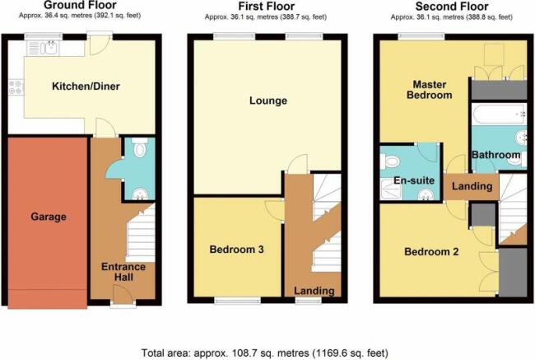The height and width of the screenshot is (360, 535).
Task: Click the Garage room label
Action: tap(49, 217)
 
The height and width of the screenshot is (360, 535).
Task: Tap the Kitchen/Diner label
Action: tap(86, 86)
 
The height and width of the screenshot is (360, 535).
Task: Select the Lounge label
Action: tap(268, 101)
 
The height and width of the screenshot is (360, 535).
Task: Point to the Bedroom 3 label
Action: tap(236, 250)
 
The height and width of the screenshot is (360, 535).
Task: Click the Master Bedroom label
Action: tap(430, 90)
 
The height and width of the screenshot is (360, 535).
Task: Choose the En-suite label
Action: tap(414, 180)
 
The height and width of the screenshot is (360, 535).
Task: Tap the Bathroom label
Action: tap(495, 155)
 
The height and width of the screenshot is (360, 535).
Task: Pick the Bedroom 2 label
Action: tap(431, 252)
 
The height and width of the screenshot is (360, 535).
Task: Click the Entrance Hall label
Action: tap(123, 272)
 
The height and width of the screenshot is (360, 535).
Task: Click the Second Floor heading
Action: tap(452, 6)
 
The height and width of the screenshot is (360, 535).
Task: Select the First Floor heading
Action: tap(267, 6)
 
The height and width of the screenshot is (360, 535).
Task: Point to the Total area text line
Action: tap(264, 353)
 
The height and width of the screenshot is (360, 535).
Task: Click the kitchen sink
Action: tap(50, 48)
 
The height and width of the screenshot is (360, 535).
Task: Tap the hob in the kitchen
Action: tap(16, 86)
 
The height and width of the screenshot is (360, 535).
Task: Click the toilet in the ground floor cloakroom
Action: tap(140, 147)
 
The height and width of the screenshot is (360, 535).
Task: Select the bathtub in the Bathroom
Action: tap(499, 115)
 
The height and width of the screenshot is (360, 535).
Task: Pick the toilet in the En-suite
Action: tap(389, 161)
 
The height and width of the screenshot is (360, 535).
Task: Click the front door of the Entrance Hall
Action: tap(123, 295)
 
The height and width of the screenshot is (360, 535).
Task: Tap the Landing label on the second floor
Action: tap(472, 186)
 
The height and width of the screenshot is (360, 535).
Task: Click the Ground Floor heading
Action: tap(80, 5)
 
